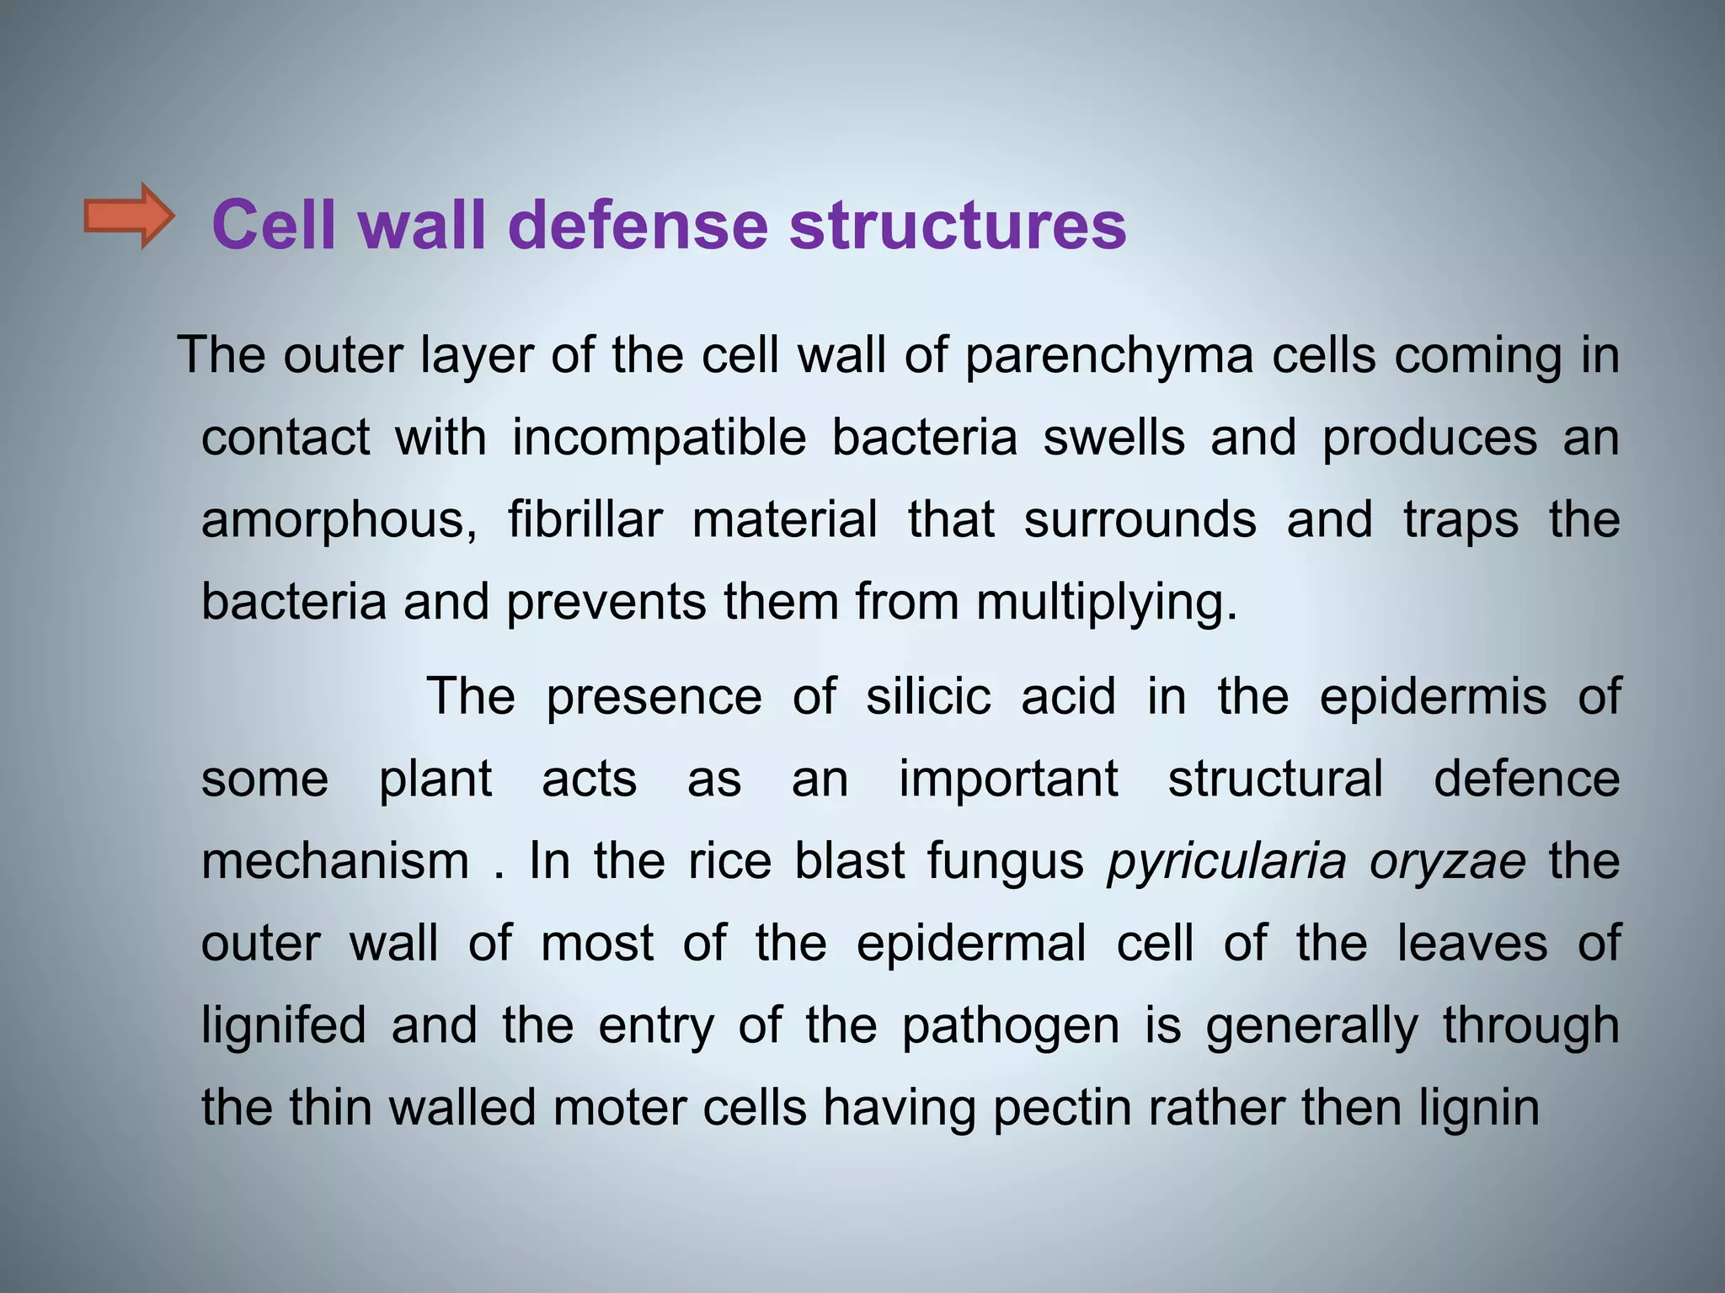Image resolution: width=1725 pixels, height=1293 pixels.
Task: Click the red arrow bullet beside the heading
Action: coord(128,216)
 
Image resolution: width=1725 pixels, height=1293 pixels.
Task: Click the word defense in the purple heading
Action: coord(638,225)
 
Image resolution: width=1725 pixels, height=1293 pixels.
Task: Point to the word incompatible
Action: coord(660,439)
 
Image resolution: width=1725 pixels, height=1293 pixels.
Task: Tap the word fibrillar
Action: coord(585,519)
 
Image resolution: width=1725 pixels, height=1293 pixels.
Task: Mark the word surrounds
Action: coord(1140,519)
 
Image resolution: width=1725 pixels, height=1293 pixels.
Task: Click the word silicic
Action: coord(928,697)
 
